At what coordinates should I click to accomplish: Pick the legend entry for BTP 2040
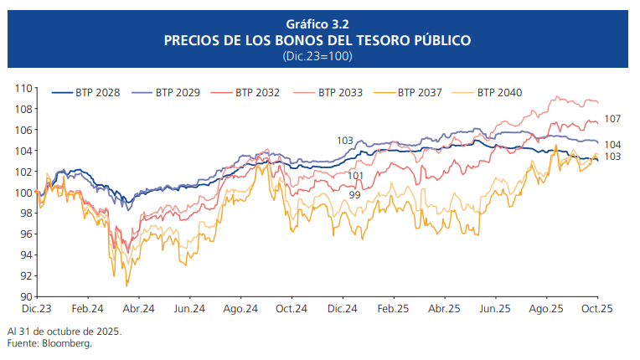(499, 92)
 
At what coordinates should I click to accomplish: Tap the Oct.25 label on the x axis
(597, 309)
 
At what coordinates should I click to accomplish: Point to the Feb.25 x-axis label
(394, 309)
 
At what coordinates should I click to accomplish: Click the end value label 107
(612, 119)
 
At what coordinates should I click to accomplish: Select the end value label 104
(612, 145)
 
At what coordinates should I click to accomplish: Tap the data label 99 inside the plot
(354, 194)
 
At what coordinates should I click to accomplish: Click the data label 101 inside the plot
(356, 175)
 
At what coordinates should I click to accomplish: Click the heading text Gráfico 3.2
(317, 23)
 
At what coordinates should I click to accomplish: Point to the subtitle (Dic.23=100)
(317, 55)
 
